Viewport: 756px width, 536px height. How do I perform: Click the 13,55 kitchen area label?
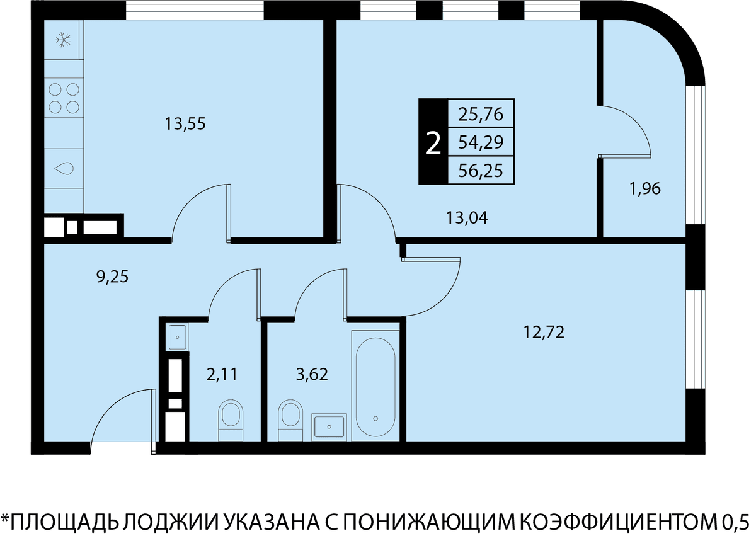pos(185,124)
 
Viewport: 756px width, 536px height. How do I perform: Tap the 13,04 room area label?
pos(467,218)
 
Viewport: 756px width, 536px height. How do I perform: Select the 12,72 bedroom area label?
pos(544,333)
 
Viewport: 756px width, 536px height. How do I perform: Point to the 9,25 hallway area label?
pos(112,277)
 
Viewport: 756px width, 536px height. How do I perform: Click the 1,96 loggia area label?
pos(645,188)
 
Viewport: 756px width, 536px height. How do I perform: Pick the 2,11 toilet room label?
pos(222,374)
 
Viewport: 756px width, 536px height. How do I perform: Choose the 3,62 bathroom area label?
pos(312,374)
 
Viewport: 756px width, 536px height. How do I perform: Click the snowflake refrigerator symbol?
pos(63,40)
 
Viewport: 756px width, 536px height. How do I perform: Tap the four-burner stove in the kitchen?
pos(64,98)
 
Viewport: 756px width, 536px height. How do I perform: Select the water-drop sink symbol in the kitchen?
pos(64,168)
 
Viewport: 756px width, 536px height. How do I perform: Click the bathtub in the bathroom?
pos(375,386)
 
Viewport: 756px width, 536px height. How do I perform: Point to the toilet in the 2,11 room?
pos(231,421)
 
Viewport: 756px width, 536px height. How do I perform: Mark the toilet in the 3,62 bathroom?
pos(290,421)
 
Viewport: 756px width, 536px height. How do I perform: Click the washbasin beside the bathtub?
pos(329,426)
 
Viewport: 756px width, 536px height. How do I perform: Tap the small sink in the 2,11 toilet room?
pos(177,337)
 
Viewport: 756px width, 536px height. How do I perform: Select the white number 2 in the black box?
pos(433,143)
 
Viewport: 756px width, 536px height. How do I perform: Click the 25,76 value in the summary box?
pos(481,114)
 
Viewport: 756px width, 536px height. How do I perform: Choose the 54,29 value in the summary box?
pos(481,142)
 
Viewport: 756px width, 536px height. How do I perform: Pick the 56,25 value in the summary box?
pos(481,171)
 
